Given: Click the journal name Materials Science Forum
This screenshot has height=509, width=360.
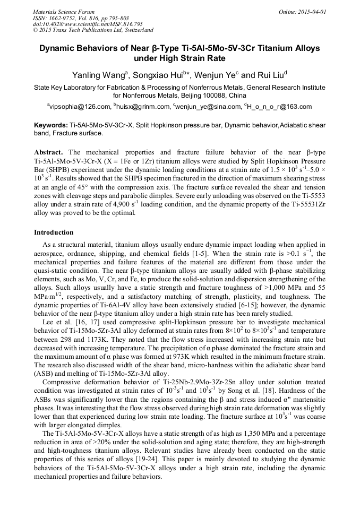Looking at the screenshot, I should point(64,11).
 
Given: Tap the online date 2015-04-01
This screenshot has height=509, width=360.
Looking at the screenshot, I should point(313,11).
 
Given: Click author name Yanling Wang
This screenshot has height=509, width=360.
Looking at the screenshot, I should point(97,75).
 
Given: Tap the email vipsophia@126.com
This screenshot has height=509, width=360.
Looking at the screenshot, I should point(80,107).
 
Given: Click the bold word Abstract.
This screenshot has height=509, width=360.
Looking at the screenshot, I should point(49,152).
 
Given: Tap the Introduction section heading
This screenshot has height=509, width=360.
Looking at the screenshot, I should point(54,232).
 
